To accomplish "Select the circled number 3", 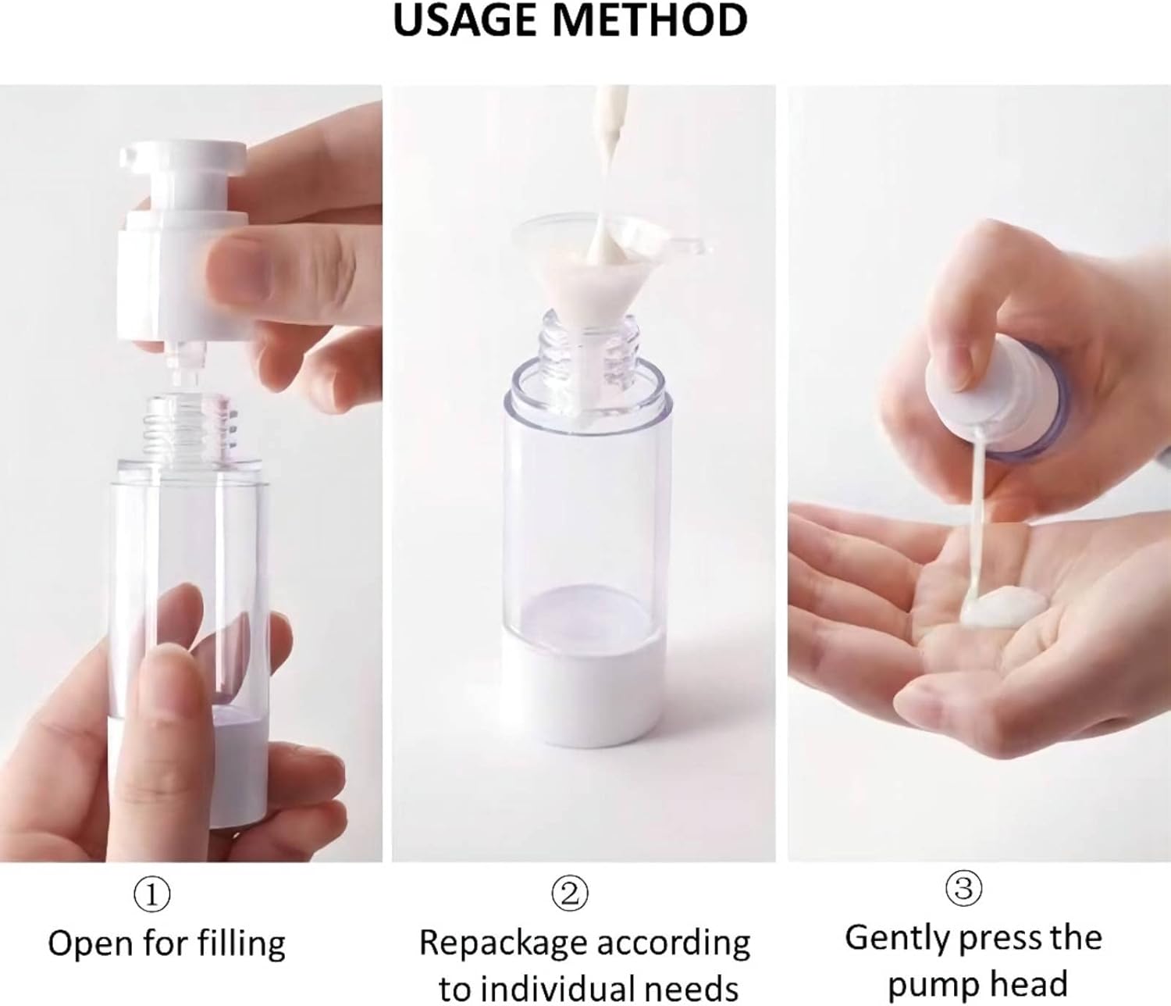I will tap(963, 889).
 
